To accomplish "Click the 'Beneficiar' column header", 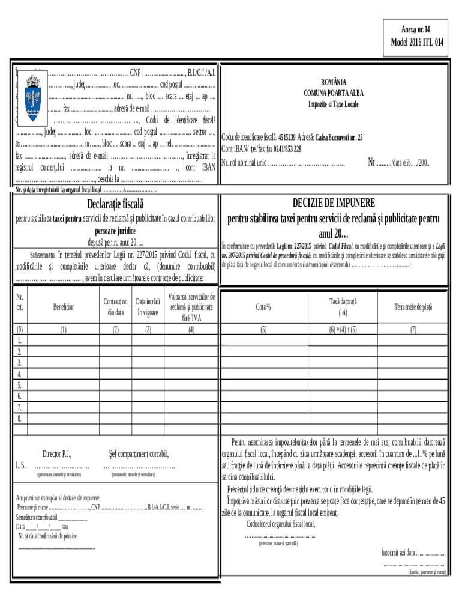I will click(63, 307).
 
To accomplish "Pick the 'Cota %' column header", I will click(263, 307).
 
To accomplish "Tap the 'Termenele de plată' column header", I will click(413, 307).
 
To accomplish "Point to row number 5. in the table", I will click(20, 385).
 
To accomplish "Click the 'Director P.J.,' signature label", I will click(57, 454).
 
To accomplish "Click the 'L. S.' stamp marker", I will click(20, 465).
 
